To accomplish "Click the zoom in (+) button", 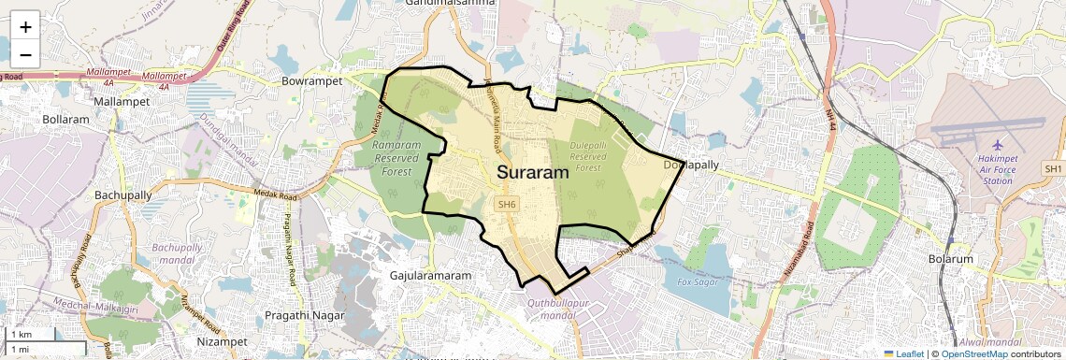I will (x=25, y=27).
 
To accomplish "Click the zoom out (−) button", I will (x=25, y=55).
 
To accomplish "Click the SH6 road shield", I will (x=507, y=204).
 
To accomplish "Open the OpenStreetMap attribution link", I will (x=974, y=353).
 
